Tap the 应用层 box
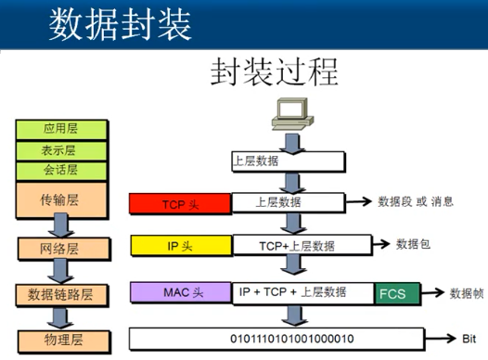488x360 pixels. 60,128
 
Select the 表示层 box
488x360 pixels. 60,149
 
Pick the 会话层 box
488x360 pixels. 60,170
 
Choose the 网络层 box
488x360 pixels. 60,249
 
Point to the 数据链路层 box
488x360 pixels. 60,294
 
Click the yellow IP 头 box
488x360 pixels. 179,246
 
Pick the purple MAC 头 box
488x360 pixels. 179,292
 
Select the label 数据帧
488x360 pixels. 466,293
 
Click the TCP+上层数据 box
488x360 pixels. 298,246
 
